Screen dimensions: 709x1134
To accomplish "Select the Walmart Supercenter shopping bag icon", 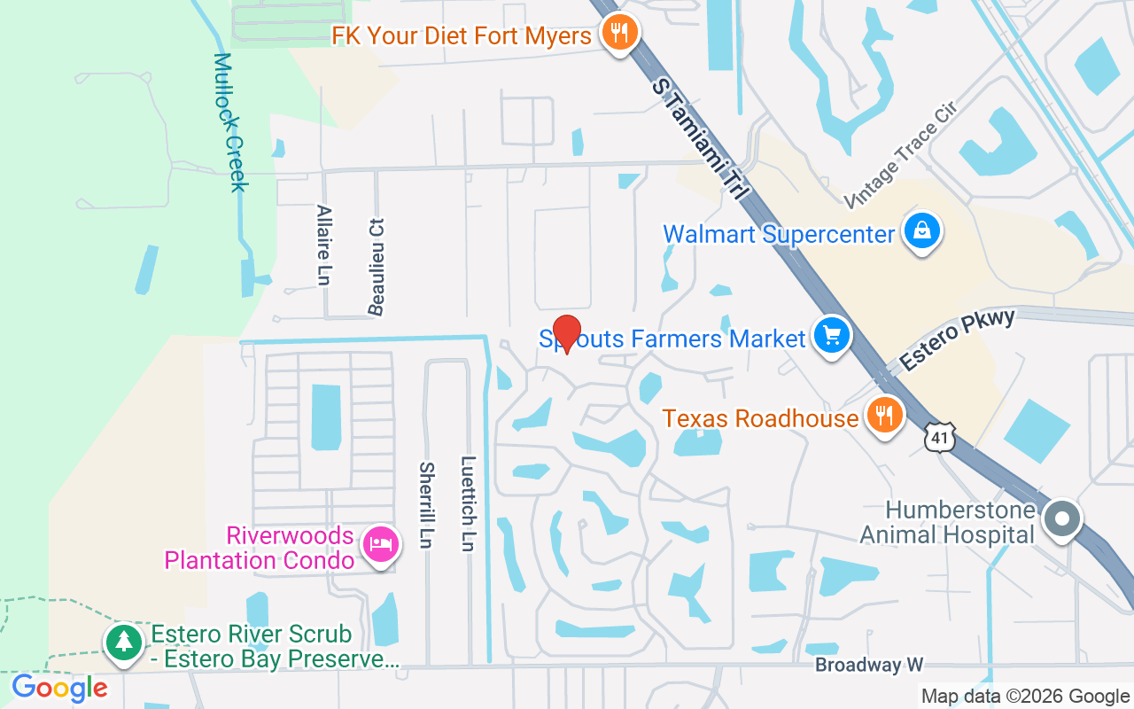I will [921, 232].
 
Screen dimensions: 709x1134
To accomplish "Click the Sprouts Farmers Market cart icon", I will [831, 337].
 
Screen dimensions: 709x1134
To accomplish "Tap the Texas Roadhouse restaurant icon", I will [882, 416].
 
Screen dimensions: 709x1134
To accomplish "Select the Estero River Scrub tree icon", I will [123, 642].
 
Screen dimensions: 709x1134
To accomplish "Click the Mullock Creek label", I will [229, 121].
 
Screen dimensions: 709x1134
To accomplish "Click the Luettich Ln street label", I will [469, 503].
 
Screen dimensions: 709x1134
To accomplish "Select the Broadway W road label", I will [869, 665].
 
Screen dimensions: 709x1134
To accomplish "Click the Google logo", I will [59, 688].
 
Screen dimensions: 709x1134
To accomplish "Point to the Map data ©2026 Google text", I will [1025, 697].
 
